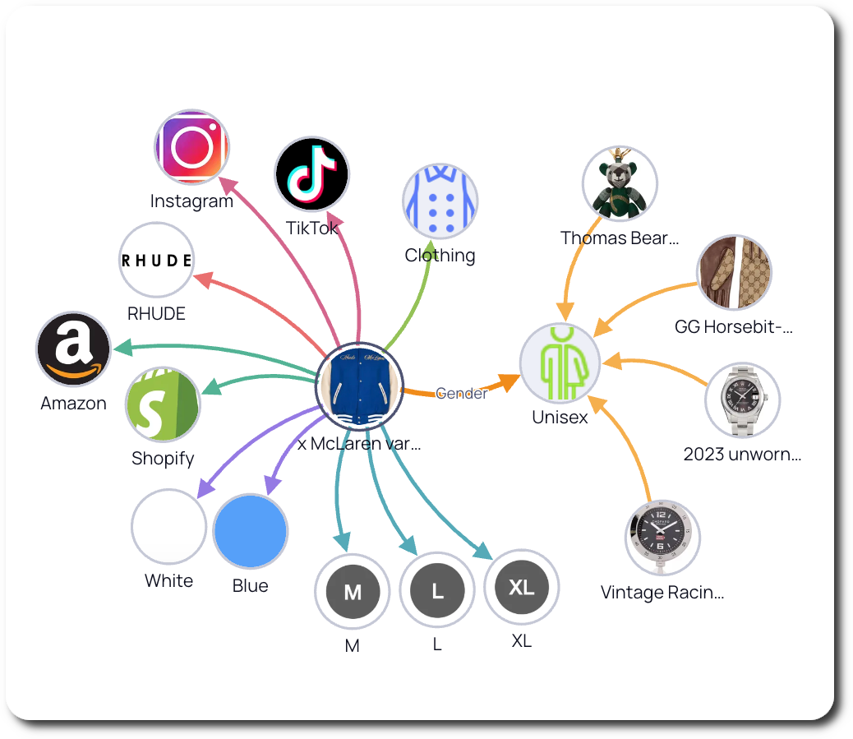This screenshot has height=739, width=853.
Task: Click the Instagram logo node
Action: pyautogui.click(x=192, y=147)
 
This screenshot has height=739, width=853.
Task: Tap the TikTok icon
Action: pyautogui.click(x=311, y=174)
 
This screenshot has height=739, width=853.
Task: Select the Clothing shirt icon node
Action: pyautogui.click(x=440, y=201)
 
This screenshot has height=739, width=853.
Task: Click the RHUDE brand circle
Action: pyautogui.click(x=156, y=260)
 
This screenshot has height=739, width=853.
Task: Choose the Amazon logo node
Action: pyautogui.click(x=73, y=349)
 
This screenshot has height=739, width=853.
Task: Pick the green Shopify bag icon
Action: pyautogui.click(x=163, y=404)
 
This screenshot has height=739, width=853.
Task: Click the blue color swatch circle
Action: pyautogui.click(x=250, y=531)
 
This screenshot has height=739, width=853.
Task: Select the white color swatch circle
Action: pyautogui.click(x=168, y=527)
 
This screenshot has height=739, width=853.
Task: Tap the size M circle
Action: pyautogui.click(x=352, y=592)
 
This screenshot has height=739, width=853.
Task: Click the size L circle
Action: pyautogui.click(x=437, y=590)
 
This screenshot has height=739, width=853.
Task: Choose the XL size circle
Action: pyautogui.click(x=522, y=587)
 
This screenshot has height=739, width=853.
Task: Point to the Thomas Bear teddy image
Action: pyautogui.click(x=620, y=183)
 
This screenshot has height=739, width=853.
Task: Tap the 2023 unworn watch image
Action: pyautogui.click(x=742, y=401)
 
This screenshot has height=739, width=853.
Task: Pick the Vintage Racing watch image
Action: pyautogui.click(x=662, y=538)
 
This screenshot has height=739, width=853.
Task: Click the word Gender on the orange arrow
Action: pyautogui.click(x=461, y=393)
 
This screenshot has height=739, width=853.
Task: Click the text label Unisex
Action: pyautogui.click(x=560, y=417)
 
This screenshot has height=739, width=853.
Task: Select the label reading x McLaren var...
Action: pyautogui.click(x=359, y=444)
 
